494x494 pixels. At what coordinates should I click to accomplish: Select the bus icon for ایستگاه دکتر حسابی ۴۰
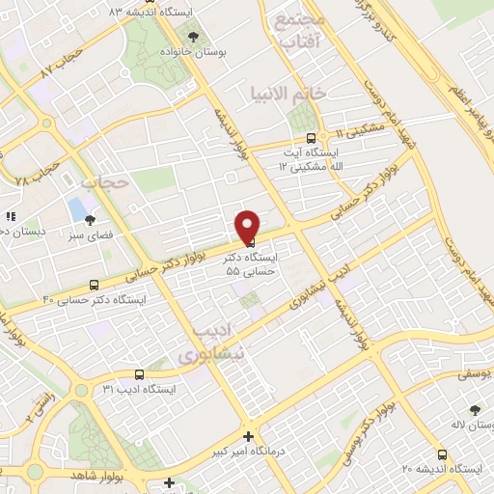(x=94, y=285)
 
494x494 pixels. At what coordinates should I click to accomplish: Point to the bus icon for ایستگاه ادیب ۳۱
(x=139, y=373)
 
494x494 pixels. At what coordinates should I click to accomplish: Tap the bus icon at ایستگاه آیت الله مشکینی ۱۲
(x=310, y=137)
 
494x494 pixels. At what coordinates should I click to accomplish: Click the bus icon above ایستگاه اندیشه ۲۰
(x=442, y=453)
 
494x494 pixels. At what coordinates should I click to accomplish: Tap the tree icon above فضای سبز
(x=91, y=220)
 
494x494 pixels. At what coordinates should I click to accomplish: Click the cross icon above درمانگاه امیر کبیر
(x=248, y=436)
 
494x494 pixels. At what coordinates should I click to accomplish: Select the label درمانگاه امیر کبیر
(x=249, y=452)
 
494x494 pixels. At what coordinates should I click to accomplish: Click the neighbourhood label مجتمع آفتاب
(x=297, y=32)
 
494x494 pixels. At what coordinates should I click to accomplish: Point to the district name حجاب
(x=105, y=180)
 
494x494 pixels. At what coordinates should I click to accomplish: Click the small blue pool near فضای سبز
(x=76, y=208)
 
